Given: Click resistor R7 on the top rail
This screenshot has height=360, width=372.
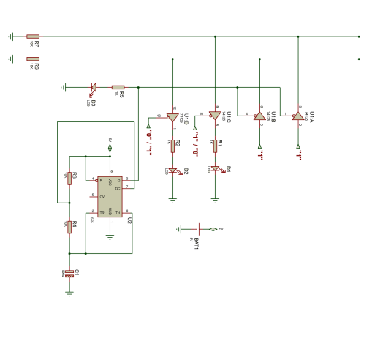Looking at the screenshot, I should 33,36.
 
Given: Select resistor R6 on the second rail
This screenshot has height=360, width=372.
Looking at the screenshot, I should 33,59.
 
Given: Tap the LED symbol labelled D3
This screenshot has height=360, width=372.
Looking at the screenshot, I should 93,87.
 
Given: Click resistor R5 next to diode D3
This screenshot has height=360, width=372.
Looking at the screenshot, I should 118,87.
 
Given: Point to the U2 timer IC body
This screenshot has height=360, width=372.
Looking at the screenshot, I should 110,196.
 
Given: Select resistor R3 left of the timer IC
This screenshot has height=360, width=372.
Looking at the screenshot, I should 69,178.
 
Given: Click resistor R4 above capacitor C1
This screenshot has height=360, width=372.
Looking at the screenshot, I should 69,227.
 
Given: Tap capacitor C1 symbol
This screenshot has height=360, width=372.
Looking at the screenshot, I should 69,273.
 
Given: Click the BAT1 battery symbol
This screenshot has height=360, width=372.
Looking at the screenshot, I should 197,229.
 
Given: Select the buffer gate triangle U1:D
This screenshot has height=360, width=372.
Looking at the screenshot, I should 172,117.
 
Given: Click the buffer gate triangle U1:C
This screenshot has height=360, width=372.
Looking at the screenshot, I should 215,115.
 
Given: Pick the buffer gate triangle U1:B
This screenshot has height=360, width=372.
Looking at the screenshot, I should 259,116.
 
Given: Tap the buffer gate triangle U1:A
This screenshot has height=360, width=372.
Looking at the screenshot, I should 297,116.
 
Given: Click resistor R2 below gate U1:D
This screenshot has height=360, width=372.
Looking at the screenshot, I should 172,146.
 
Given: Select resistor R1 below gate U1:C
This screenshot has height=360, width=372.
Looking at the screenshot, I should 215,146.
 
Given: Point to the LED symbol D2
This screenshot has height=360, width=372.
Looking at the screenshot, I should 172,170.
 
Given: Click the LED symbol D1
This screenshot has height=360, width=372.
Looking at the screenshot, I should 215,168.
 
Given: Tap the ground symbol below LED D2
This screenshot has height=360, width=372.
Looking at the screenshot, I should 172,198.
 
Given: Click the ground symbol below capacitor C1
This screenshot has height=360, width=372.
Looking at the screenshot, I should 69,293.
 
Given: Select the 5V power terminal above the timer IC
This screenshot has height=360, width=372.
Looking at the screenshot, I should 110,148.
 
